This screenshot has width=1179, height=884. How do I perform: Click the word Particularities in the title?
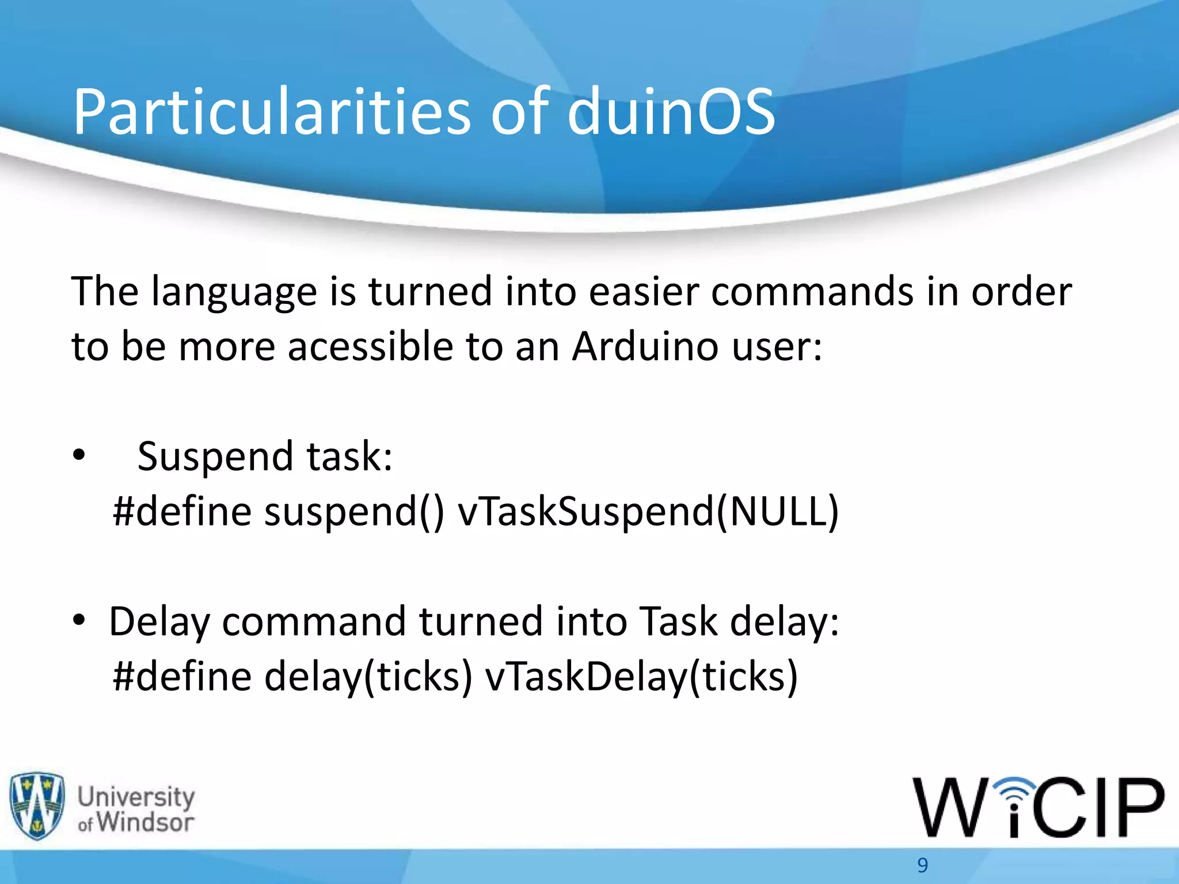tap(271, 112)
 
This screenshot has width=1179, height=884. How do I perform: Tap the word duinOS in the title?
tap(671, 112)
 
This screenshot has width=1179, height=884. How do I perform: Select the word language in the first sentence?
tap(234, 292)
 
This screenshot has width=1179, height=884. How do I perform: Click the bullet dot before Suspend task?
tap(79, 456)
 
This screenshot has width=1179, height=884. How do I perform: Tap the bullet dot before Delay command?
tap(79, 620)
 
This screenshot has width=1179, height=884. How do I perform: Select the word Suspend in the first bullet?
tap(215, 457)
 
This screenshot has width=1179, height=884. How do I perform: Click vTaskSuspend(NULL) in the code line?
tap(648, 511)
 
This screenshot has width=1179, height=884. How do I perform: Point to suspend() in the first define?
tap(354, 511)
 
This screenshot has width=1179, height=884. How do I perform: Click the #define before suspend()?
tap(182, 511)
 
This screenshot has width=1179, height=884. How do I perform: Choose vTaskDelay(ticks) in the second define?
tap(641, 676)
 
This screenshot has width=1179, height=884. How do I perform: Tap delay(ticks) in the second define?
tap(368, 676)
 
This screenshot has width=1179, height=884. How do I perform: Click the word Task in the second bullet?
tap(679, 622)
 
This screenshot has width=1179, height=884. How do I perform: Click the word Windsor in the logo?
tap(145, 822)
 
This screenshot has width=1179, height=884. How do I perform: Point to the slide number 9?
tap(923, 865)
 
